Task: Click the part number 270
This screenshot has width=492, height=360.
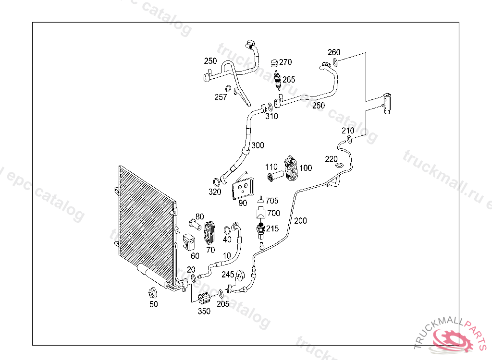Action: tap(285, 62)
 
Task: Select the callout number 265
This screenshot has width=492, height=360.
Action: tap(289, 80)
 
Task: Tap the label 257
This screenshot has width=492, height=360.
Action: tap(221, 97)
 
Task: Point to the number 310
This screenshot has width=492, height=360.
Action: tap(271, 116)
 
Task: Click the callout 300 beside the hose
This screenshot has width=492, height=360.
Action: tap(258, 145)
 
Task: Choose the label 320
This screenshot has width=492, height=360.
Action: tap(215, 192)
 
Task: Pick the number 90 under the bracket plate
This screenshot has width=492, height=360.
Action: tap(243, 203)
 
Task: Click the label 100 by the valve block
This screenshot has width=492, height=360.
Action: tap(306, 168)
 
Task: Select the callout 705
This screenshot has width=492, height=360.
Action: tap(272, 201)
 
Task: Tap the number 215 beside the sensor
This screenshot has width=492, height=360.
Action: tap(272, 229)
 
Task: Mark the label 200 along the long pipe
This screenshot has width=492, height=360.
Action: tap(300, 221)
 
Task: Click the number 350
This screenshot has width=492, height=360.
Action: tap(204, 311)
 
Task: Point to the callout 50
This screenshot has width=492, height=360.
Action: tap(153, 304)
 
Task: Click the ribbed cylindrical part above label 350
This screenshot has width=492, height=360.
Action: tap(204, 299)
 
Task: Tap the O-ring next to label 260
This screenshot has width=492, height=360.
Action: tap(335, 61)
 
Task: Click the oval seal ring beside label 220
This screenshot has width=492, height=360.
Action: tap(340, 165)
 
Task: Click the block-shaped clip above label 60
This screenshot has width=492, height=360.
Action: tap(189, 242)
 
